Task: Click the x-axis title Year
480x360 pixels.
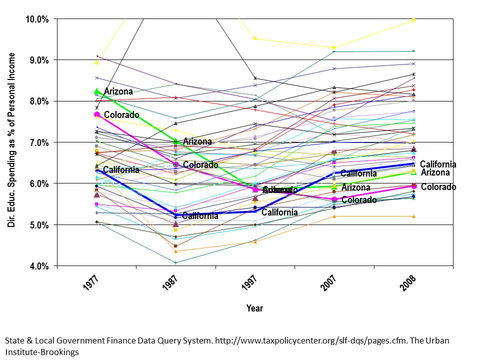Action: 254,308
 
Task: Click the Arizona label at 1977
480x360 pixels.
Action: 118,91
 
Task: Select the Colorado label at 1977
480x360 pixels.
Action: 121,115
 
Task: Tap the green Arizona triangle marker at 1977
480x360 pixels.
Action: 97,91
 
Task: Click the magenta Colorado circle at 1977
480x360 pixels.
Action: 97,114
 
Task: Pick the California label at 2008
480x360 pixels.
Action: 438,164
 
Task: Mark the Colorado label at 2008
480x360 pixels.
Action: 438,187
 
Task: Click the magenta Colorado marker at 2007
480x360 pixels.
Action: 334,199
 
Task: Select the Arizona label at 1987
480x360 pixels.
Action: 197,142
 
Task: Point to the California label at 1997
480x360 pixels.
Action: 279,212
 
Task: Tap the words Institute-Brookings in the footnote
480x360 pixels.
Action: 42,352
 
